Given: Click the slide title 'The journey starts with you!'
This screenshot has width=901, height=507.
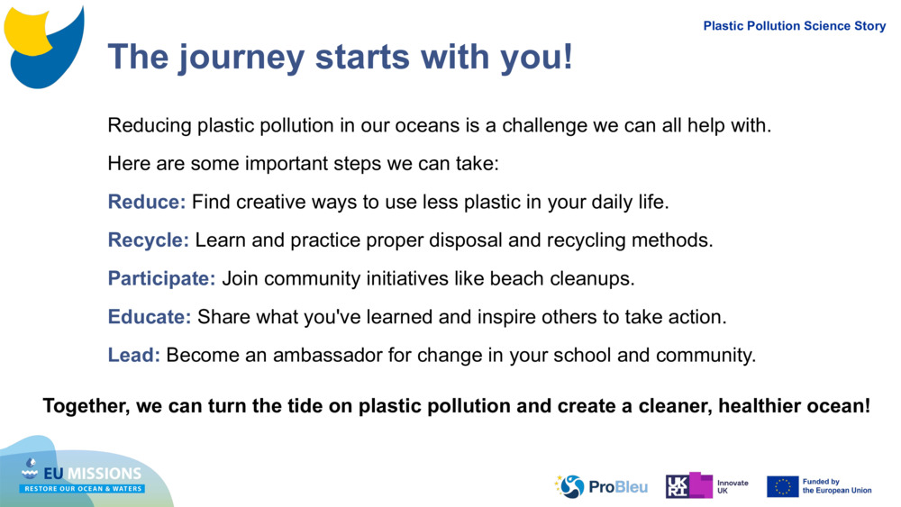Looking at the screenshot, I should click(x=340, y=57).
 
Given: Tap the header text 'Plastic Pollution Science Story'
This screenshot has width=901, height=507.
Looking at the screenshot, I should click(x=794, y=26).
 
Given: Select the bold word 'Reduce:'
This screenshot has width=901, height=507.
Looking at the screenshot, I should click(x=147, y=202).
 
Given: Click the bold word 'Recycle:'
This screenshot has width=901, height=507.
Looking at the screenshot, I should click(x=149, y=240).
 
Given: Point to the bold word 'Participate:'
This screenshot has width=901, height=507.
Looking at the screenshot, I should click(x=162, y=278).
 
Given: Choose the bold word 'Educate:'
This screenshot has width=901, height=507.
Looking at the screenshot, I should click(x=150, y=317).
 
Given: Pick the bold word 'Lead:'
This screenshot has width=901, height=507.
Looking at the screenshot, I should click(x=134, y=355).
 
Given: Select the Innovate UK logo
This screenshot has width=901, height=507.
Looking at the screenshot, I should click(x=706, y=486).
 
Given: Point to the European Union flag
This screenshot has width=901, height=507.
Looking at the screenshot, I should click(x=782, y=486).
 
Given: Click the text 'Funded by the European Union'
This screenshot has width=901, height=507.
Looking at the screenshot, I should click(x=836, y=486).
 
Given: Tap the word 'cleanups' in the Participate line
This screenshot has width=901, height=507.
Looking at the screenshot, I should click(x=596, y=279).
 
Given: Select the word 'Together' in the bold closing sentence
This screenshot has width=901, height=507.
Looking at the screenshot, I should click(x=86, y=406).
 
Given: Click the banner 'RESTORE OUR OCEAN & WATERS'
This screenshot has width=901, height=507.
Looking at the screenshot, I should click(x=82, y=488).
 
